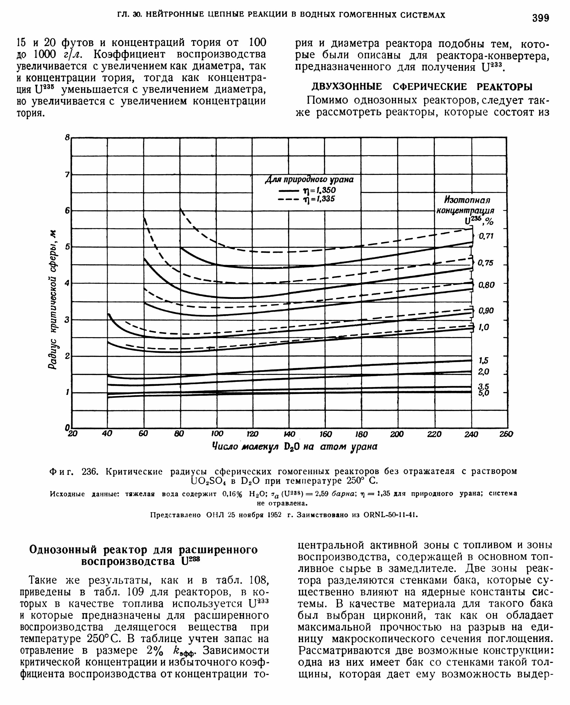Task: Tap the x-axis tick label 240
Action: coord(471,434)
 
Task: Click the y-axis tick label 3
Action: coord(67,319)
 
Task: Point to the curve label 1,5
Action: coord(484,361)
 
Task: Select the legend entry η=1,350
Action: coord(307,191)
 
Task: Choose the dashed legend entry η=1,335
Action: coord(307,199)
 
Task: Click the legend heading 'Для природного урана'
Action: coord(309,180)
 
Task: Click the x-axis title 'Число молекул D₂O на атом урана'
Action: coord(294,446)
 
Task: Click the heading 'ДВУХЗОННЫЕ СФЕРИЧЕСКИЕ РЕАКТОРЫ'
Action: coord(422,87)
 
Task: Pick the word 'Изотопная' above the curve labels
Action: coord(467,200)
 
